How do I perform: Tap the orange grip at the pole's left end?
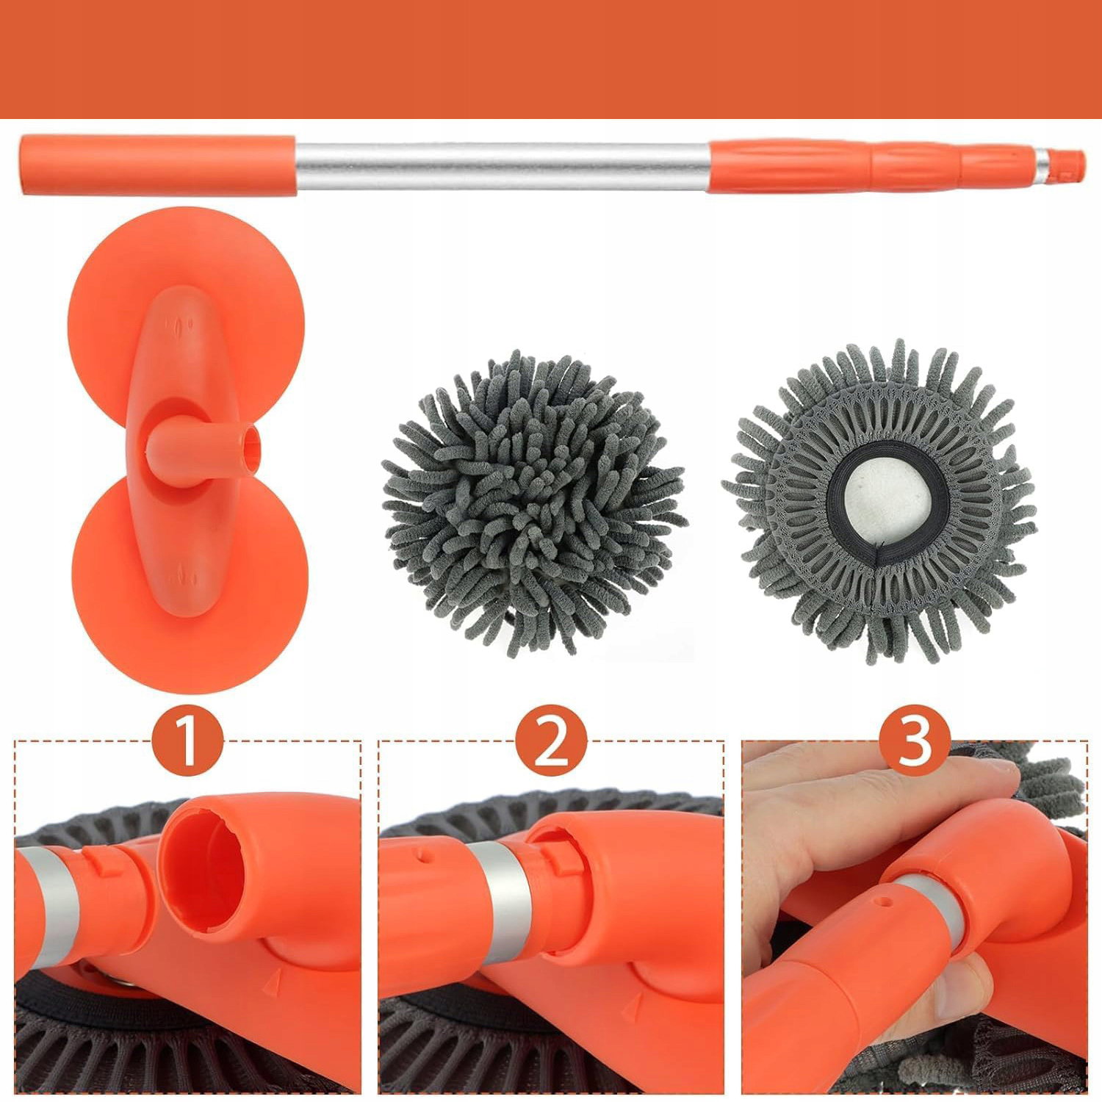[158, 165]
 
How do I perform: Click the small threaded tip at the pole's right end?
[1065, 165]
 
